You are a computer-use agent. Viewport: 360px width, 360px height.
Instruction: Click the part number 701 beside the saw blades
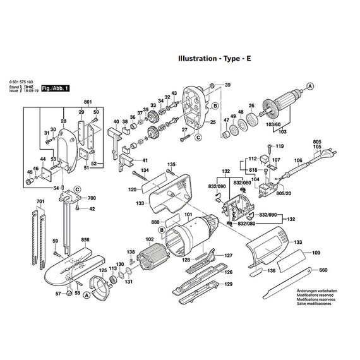click(x=40, y=202)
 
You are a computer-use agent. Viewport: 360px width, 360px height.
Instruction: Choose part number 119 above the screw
click(x=280, y=147)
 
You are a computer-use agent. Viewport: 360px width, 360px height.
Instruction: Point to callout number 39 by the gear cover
click(x=228, y=85)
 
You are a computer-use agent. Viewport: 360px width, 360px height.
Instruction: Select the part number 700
click(x=92, y=198)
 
